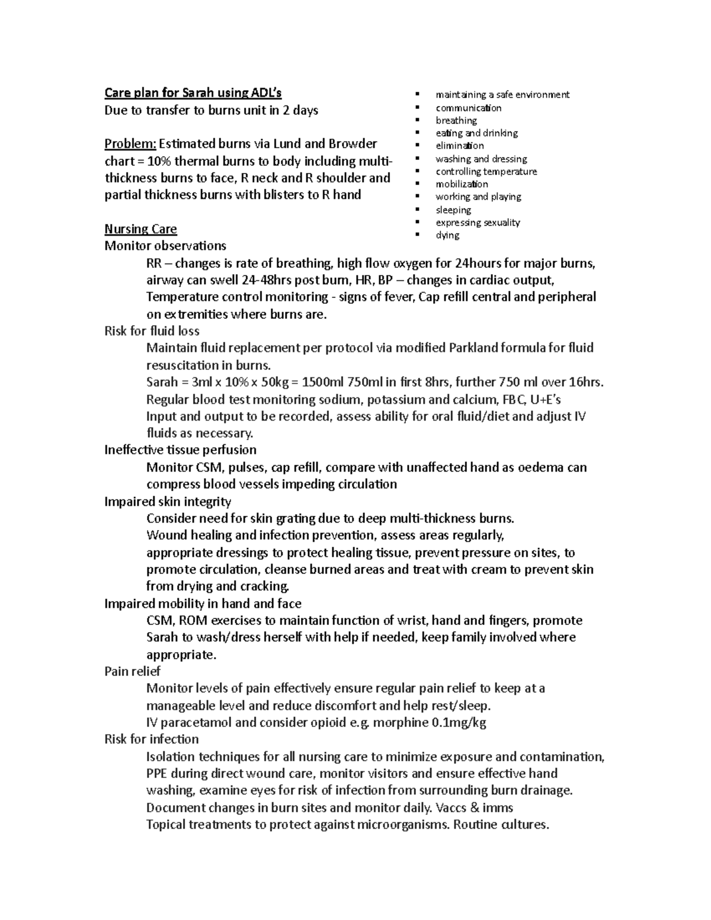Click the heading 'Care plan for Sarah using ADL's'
(x=193, y=93)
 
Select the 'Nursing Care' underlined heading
(x=140, y=229)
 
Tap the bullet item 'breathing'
(x=456, y=120)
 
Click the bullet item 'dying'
(x=447, y=235)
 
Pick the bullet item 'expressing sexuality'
(x=478, y=223)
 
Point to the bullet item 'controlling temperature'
(x=486, y=172)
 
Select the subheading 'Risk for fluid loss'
(x=152, y=331)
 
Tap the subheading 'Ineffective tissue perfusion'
(x=180, y=450)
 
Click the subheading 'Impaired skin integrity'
(x=168, y=502)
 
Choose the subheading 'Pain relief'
(x=132, y=672)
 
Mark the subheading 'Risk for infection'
(x=151, y=739)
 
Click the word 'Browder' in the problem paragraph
(x=353, y=144)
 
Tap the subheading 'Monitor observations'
(x=165, y=246)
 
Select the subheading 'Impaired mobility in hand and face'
(x=203, y=604)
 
